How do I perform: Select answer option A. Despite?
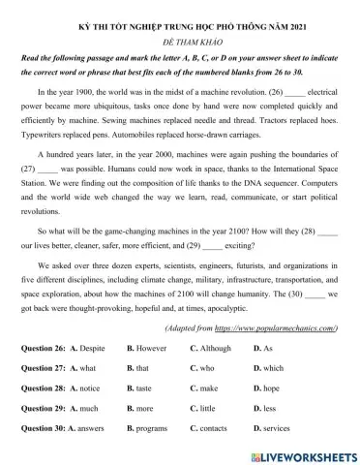[94, 346]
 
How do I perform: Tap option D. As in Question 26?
[262, 346]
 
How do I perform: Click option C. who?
[204, 368]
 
